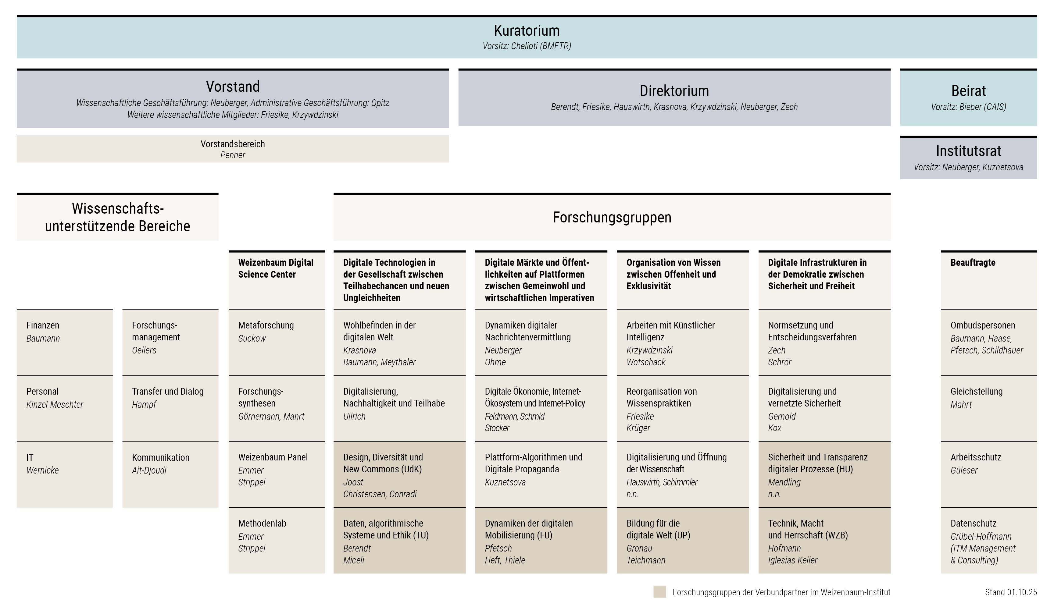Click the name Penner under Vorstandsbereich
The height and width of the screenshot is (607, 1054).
232,155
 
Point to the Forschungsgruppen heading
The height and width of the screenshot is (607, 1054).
612,218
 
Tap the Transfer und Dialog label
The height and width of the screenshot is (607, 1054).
168,392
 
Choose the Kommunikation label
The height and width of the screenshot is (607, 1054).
161,457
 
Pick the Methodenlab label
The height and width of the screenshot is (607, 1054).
262,524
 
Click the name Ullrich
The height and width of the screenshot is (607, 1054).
354,417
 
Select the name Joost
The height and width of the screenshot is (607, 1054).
353,482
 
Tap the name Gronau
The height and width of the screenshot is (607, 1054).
639,548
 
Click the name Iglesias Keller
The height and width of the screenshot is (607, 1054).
792,560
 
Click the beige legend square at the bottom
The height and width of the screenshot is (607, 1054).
659,592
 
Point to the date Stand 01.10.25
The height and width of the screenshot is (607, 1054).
1011,592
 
